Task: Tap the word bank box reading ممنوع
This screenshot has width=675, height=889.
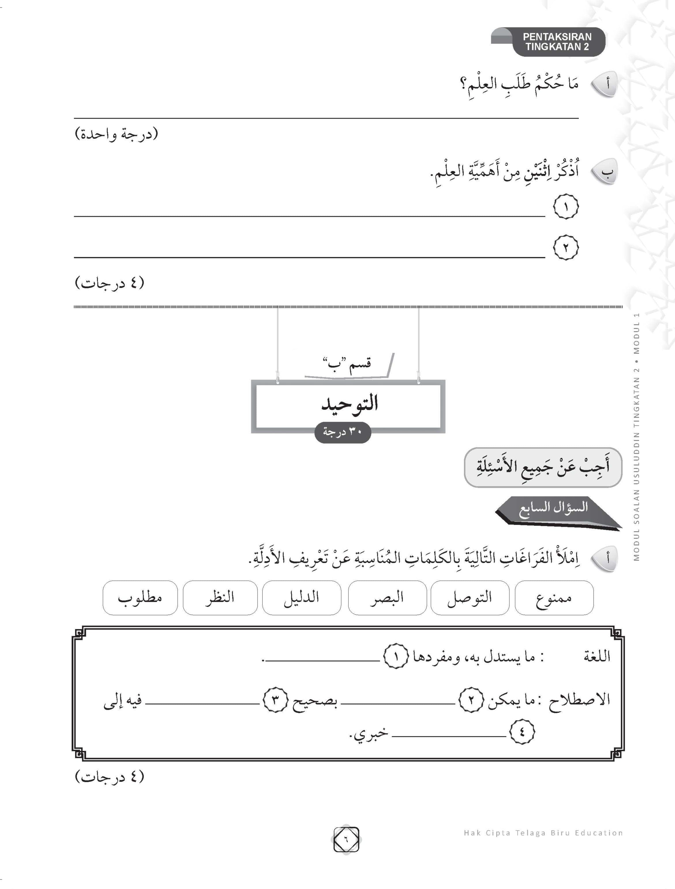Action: tap(554, 598)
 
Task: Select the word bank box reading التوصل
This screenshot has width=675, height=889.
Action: tap(470, 598)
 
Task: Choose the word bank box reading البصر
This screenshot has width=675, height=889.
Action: tap(387, 598)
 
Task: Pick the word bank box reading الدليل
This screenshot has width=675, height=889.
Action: tap(301, 598)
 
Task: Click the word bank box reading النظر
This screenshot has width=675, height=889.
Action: tap(220, 598)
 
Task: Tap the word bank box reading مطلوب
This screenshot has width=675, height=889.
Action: tap(140, 598)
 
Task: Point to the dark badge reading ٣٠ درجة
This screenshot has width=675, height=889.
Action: tap(342, 433)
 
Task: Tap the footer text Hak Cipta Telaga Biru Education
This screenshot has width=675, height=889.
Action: tap(543, 833)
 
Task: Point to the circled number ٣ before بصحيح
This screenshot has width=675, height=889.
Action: tap(275, 700)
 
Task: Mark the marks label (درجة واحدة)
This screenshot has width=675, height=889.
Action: tap(117, 134)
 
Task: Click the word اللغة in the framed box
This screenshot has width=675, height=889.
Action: tap(597, 657)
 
